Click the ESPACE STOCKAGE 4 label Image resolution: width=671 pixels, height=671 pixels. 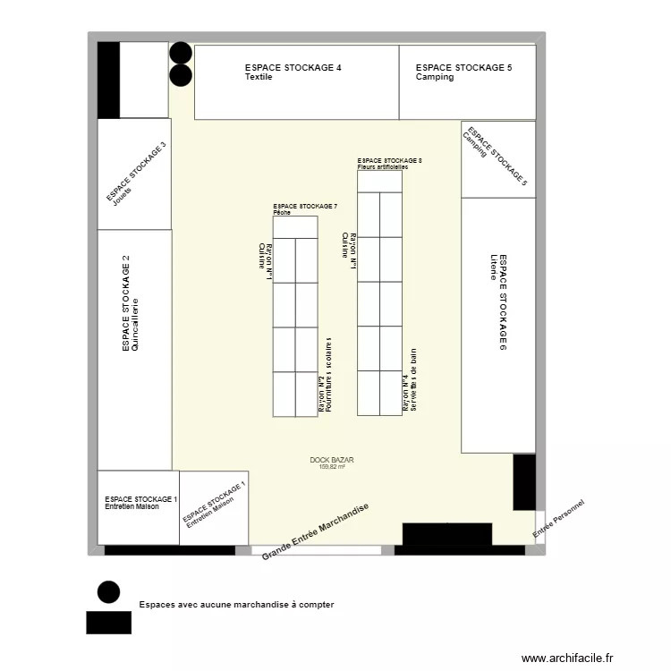[293, 68]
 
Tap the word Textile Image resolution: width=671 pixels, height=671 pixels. [259, 78]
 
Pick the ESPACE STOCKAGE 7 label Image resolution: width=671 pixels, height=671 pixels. [305, 207]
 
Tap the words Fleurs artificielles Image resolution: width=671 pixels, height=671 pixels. [382, 167]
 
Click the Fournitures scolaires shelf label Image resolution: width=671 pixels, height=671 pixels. [329, 375]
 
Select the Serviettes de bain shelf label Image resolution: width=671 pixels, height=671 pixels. [414, 380]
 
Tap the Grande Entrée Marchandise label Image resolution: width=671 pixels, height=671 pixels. [315, 532]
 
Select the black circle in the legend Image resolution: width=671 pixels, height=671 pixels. [108, 591]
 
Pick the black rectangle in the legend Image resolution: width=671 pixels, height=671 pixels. [108, 622]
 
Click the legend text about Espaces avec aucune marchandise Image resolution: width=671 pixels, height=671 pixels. [236, 605]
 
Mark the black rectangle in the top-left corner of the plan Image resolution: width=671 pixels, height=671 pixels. [108, 80]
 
